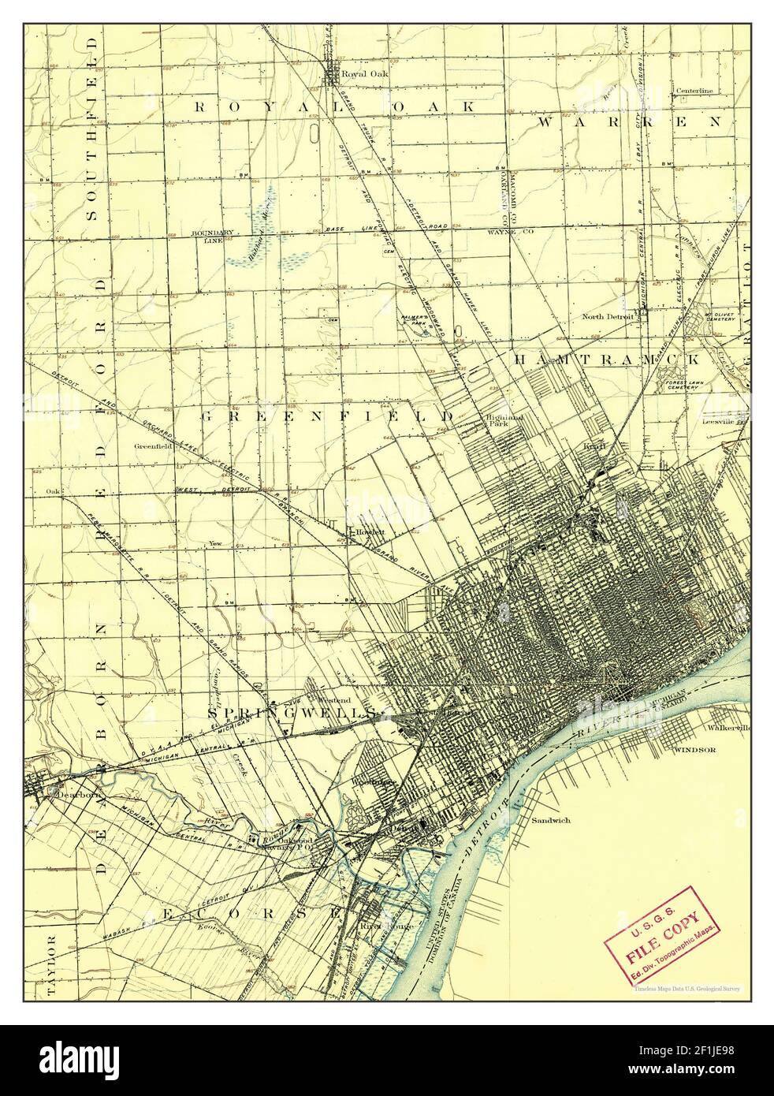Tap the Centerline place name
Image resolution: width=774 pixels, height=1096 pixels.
click(x=694, y=91)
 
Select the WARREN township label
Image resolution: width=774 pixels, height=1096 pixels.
click(x=630, y=122)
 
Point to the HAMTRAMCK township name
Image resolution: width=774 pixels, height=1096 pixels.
click(x=606, y=359)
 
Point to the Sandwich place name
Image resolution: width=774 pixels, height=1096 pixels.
click(x=550, y=819)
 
